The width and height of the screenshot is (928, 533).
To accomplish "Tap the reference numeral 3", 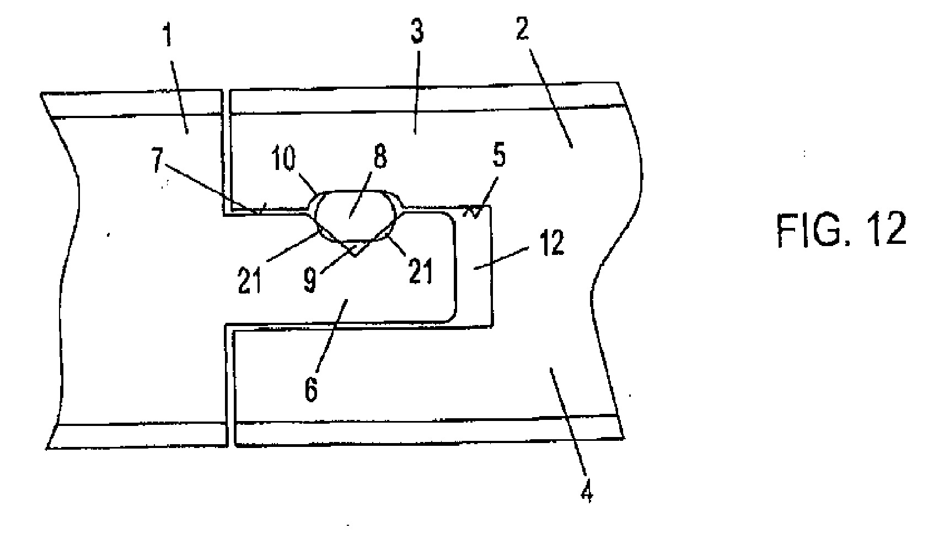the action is [417, 32].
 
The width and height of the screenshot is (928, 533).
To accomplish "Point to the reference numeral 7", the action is [157, 161].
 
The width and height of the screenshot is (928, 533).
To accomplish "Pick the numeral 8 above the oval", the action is [380, 156].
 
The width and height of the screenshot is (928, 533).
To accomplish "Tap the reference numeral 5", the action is [499, 156].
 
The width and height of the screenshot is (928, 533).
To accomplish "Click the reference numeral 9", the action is [310, 281].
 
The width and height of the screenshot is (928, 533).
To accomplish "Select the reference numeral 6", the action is [311, 389].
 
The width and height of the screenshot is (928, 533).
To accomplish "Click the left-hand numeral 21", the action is [250, 280].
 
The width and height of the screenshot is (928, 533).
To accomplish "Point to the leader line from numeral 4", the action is [567, 422].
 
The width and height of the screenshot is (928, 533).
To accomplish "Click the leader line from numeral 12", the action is [501, 259].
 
